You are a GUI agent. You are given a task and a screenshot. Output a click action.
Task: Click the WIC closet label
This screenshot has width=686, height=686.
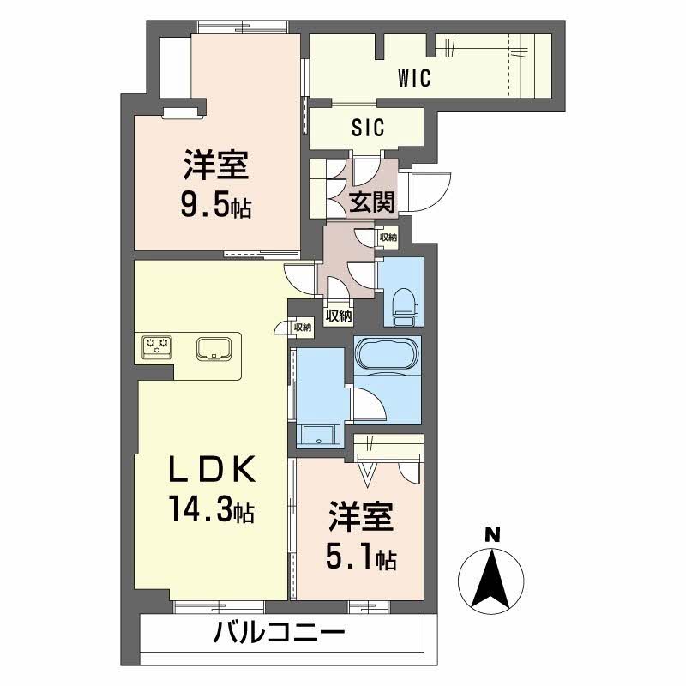click(413, 79)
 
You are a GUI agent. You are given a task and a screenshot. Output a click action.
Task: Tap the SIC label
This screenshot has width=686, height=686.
click(369, 128)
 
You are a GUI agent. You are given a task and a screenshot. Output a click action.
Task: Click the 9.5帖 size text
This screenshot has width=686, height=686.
click(214, 208)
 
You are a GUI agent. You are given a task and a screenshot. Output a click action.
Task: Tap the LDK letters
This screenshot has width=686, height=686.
click(211, 469)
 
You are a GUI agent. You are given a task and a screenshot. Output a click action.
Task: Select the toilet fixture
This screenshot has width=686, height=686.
click(401, 305)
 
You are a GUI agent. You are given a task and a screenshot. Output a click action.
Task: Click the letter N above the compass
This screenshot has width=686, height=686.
click(492, 533)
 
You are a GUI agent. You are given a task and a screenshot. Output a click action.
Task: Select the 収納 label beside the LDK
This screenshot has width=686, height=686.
click(302, 327)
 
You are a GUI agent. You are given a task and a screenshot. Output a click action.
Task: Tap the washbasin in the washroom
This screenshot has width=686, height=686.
click(318, 436)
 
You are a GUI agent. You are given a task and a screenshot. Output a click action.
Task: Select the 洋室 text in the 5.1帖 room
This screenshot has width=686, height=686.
click(360, 520)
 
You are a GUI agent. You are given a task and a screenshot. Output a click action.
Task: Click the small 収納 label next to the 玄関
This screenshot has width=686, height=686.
click(387, 238)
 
